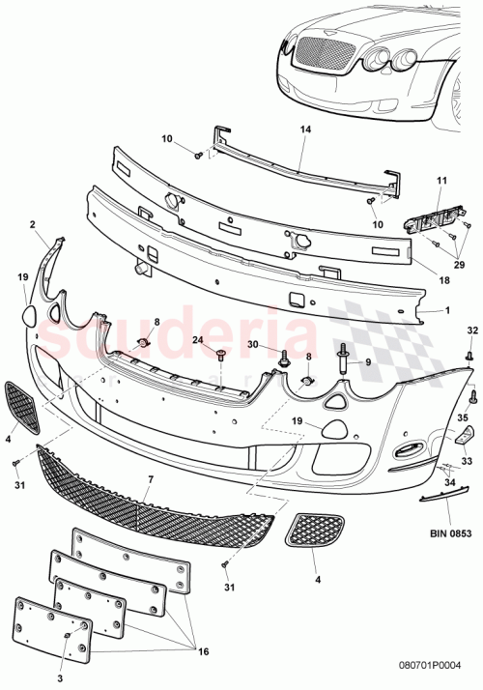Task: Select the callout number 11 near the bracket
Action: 441,181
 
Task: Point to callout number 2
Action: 32,224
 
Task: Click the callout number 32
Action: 472,331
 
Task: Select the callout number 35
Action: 462,417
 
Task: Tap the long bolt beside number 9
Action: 343,363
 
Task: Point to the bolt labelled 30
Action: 284,359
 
